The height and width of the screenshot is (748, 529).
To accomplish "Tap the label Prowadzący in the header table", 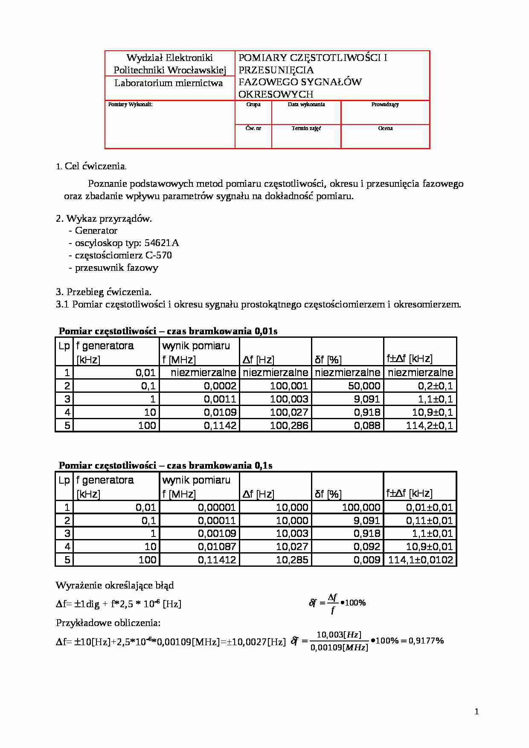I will click(385, 104).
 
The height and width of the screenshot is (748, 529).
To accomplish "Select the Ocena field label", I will click(385, 128).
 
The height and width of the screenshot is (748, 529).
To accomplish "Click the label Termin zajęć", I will click(306, 128).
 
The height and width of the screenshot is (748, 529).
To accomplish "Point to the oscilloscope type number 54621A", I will click(162, 243).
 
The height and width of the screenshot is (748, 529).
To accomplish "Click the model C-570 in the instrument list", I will click(158, 255).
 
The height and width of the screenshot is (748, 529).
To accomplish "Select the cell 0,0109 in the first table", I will click(220, 412).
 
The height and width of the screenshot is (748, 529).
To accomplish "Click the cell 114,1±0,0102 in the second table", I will click(421, 560).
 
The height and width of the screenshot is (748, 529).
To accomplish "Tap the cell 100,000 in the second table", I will click(361, 507).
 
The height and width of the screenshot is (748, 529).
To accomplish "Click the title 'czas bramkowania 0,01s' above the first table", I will click(222, 331).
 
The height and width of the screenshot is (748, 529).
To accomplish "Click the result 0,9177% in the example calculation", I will click(426, 641).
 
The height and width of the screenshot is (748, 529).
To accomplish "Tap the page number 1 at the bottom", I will click(477, 711).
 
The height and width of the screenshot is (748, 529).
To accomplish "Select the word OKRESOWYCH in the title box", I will click(276, 94).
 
